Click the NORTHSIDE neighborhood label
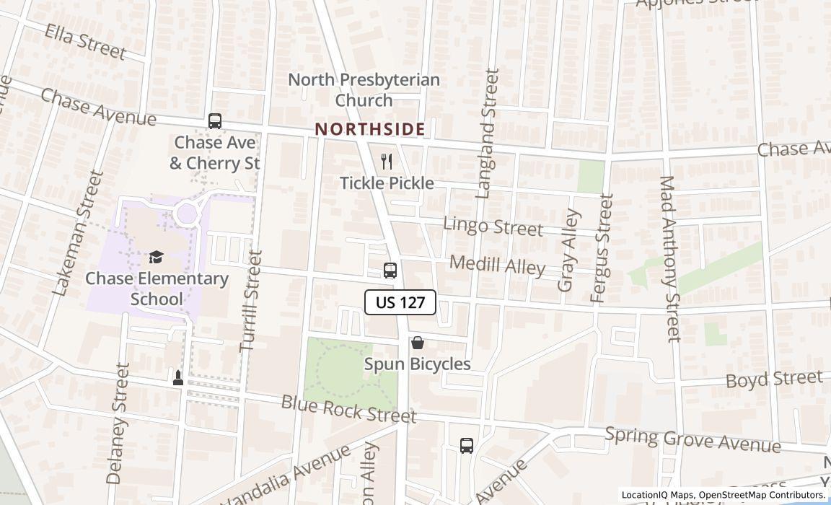coord(369,129)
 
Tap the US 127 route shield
coord(400,302)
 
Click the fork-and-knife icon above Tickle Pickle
coord(387,161)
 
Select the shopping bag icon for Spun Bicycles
coord(417,343)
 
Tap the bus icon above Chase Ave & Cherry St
coord(215,120)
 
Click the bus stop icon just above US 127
coord(390,271)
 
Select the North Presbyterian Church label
coord(364,89)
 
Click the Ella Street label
coord(85,41)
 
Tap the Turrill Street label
coord(250,301)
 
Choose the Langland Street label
coord(488,133)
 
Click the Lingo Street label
coord(493,226)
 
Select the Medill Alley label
coord(497,265)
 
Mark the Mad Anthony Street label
coord(670,258)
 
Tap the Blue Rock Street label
coord(348,409)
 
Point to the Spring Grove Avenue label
coord(692,439)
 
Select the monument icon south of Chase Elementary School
coord(177,377)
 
